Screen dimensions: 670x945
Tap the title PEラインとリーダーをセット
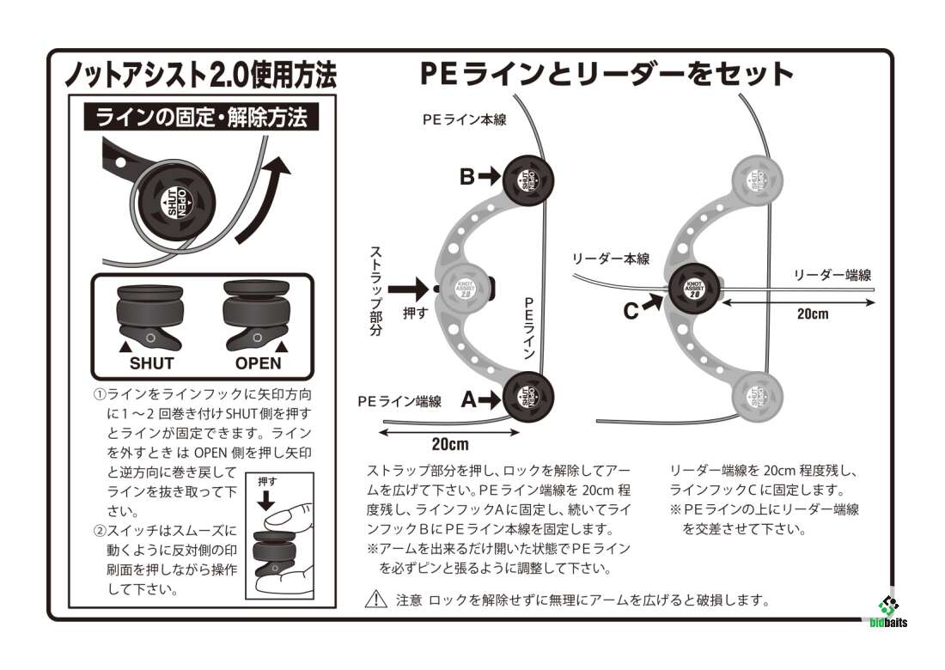(606, 74)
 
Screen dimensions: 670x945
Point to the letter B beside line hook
(466, 177)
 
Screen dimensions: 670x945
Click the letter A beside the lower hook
(468, 399)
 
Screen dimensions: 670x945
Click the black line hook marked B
(528, 178)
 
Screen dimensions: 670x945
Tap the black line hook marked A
(528, 396)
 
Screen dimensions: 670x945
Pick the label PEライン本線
(464, 120)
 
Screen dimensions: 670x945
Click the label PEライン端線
(399, 401)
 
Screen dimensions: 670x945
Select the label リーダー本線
(611, 259)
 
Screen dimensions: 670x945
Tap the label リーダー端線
(832, 275)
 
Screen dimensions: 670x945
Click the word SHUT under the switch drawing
(151, 362)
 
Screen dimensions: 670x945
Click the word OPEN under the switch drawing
(258, 362)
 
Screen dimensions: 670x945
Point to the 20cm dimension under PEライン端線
(449, 444)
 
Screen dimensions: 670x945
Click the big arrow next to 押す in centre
(415, 289)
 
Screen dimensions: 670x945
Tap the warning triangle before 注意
(375, 600)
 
